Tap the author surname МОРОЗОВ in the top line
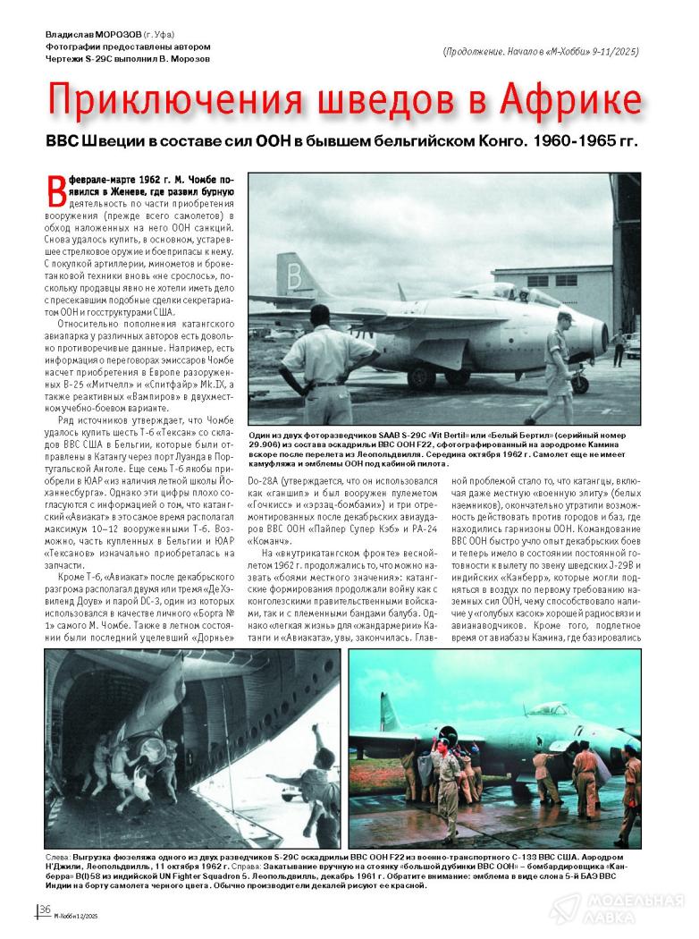pyautogui.click(x=118, y=35)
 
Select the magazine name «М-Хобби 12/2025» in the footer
pyautogui.click(x=77, y=914)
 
